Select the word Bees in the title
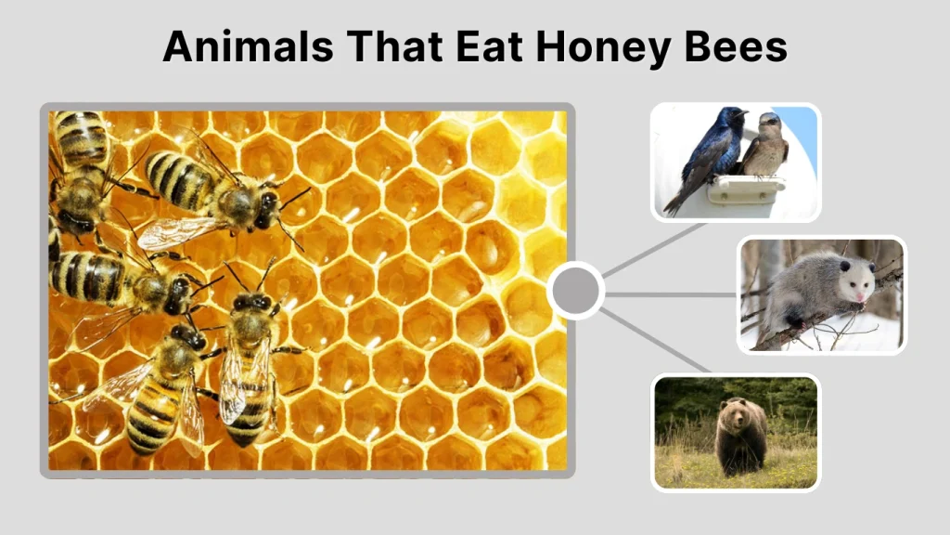737,46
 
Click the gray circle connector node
575,292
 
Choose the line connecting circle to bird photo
654,251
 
